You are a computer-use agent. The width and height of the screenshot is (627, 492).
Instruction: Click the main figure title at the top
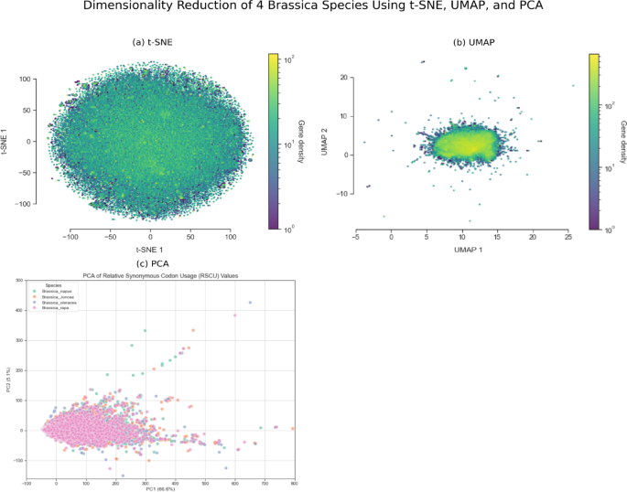click(313, 8)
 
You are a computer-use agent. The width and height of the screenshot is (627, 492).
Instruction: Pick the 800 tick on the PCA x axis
click(294, 482)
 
